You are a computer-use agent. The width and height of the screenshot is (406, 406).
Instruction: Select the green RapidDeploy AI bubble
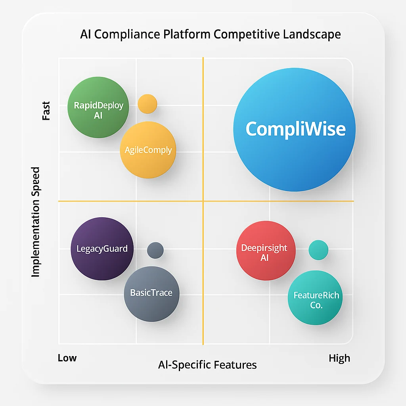click(98, 107)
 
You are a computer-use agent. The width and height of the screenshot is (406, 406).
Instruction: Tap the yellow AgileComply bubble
click(148, 150)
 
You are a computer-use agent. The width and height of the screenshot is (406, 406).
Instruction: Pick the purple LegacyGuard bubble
click(102, 249)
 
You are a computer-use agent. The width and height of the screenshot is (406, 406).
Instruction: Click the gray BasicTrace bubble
click(151, 293)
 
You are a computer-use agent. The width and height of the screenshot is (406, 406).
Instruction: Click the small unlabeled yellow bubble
click(147, 104)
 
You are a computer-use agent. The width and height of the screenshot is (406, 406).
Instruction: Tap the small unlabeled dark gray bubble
click(155, 250)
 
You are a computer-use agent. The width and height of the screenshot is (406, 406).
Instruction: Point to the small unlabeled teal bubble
click(318, 250)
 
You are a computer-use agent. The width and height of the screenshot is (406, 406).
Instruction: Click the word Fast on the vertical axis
click(46, 111)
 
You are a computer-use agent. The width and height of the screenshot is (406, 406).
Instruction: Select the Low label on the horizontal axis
click(67, 358)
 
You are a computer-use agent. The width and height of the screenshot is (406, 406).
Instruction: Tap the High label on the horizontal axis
click(339, 358)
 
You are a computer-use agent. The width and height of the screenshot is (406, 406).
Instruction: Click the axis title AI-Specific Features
click(207, 365)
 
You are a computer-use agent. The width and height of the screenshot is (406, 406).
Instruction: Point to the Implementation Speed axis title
click(36, 222)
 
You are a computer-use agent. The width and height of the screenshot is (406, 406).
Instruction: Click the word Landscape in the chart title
click(312, 34)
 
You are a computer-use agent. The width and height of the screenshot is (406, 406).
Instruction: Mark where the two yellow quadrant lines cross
click(203, 201)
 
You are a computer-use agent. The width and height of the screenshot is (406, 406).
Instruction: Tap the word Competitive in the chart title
click(247, 34)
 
